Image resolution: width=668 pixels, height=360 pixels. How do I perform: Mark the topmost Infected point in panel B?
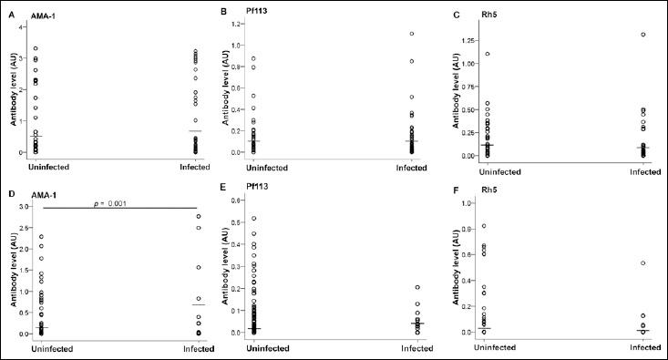411,34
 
